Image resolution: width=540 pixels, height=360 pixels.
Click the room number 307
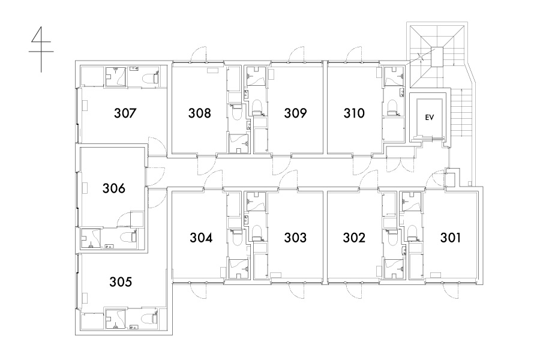click(x=125, y=113)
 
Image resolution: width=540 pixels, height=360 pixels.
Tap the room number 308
click(x=199, y=113)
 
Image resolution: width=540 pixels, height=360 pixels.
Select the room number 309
click(x=295, y=113)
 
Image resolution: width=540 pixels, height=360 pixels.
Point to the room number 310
click(x=354, y=113)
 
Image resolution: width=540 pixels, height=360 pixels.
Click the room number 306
click(x=114, y=188)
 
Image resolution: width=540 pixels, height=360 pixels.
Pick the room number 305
click(x=121, y=282)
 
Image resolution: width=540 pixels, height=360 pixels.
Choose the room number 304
click(x=201, y=238)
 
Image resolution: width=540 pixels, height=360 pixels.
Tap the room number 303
click(x=295, y=238)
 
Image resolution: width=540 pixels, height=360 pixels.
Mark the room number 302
click(x=354, y=238)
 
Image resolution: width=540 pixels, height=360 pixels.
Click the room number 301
click(x=451, y=238)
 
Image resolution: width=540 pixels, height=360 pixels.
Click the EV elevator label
click(x=429, y=118)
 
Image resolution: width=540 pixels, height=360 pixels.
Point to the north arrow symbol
click(x=41, y=49)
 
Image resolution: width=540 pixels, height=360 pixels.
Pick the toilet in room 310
click(x=392, y=107)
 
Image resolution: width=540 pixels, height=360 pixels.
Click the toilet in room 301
click(x=412, y=233)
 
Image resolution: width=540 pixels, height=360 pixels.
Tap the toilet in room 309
click(x=257, y=107)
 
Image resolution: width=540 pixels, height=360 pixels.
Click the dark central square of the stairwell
click(x=437, y=57)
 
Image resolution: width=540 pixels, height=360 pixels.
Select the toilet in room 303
click(x=257, y=233)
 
